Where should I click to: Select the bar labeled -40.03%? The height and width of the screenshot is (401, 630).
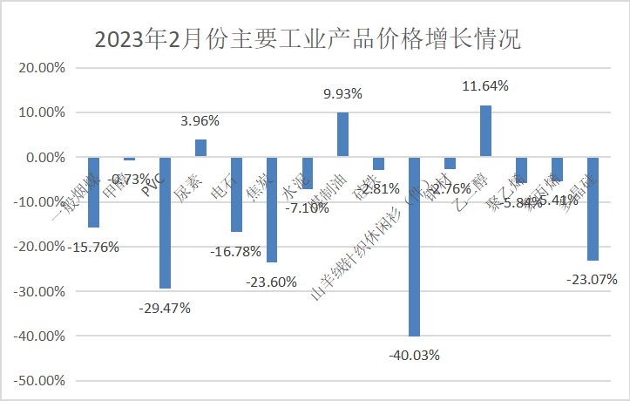(414, 247)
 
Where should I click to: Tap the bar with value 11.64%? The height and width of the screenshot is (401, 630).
(485, 132)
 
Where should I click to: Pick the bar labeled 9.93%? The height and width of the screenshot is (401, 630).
(342, 135)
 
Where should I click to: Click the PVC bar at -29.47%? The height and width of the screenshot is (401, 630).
(165, 223)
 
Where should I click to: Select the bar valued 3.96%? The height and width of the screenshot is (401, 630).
(200, 148)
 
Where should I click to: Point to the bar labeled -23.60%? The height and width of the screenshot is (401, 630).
(271, 210)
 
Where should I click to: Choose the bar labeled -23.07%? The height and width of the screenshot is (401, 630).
(593, 209)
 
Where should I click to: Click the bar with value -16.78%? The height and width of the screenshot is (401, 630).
(235, 195)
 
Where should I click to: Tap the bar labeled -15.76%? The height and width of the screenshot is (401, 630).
(93, 193)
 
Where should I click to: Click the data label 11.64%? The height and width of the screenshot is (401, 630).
(484, 86)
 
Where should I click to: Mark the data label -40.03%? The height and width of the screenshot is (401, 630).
(414, 355)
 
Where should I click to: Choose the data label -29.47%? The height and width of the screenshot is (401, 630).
(165, 307)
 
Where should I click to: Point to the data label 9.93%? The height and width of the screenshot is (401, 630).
(342, 93)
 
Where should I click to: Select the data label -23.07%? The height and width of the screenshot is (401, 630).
(592, 280)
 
